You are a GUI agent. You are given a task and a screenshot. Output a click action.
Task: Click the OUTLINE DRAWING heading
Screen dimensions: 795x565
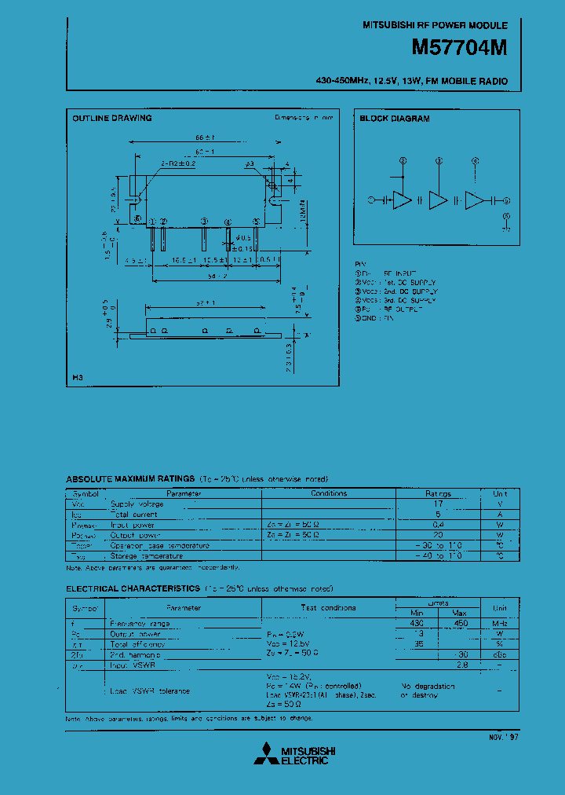112,119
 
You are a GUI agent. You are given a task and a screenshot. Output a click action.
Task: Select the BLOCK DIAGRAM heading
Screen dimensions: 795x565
395,119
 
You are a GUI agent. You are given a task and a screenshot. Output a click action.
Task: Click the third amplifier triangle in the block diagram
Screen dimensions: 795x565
475,200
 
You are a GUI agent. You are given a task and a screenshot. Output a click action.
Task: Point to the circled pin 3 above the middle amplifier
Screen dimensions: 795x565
439,160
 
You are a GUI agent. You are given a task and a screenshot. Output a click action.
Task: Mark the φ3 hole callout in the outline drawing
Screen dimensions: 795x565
250,164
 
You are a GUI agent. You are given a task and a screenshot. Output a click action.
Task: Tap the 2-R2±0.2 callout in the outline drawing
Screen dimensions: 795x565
177,164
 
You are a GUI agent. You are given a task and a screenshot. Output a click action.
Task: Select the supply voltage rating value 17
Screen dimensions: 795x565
439,504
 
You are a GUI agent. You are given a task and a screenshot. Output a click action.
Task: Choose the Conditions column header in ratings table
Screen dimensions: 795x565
329,493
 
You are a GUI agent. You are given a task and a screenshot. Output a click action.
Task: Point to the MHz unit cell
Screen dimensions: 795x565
500,623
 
